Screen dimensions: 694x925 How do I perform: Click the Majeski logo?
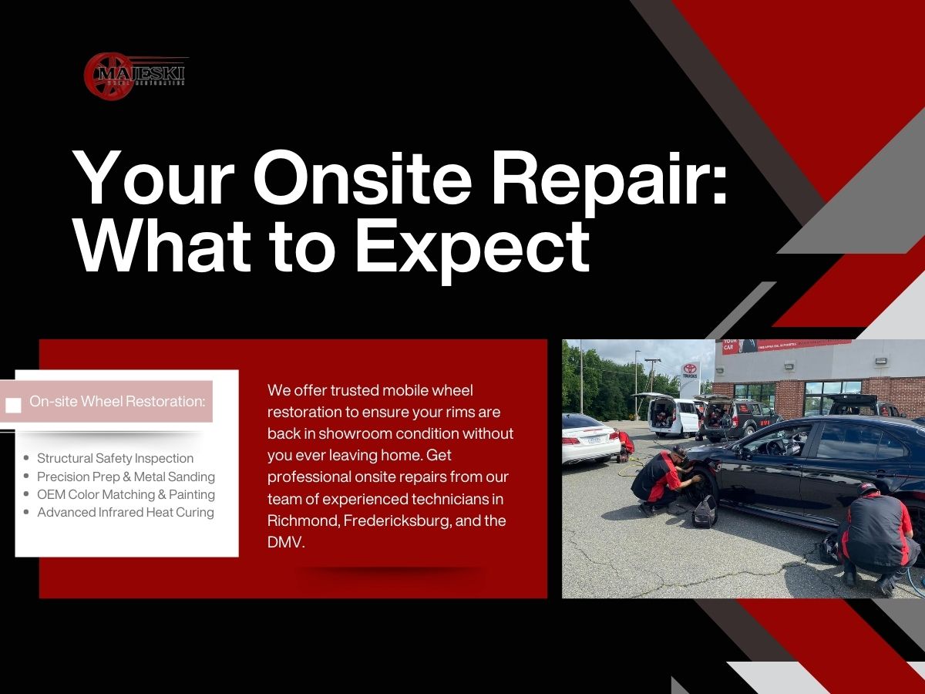(135, 75)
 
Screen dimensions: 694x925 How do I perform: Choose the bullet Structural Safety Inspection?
(115, 458)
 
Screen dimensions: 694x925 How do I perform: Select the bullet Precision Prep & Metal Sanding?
(126, 477)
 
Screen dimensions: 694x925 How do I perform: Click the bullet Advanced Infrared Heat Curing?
(125, 512)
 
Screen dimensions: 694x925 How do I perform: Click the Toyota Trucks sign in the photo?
(690, 374)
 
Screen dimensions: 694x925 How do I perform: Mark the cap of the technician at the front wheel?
(678, 452)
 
